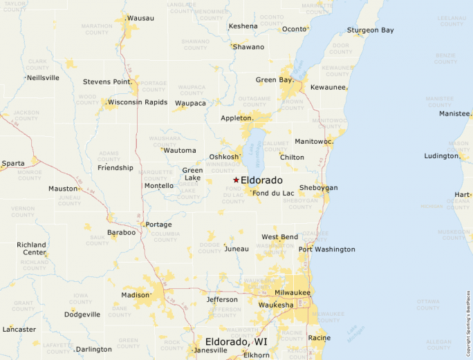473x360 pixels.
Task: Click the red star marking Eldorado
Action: coord(236,180)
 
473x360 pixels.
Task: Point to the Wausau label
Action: coord(141,17)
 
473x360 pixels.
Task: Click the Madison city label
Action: coord(135,295)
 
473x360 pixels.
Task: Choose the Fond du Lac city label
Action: coord(273,193)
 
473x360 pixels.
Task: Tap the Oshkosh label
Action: coord(224,157)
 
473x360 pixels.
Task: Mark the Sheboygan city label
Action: coord(318,188)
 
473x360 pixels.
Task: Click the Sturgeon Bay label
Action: coord(370,30)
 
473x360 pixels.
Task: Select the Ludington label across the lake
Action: coord(441,156)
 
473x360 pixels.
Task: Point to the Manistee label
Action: coord(454,113)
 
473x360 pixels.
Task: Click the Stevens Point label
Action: coord(106,82)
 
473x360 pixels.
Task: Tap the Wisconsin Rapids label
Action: coord(138,102)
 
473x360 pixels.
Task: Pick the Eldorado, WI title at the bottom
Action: coord(236,342)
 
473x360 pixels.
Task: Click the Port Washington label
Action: coord(328,249)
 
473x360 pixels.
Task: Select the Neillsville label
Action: coord(43,77)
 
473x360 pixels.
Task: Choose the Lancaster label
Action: coord(19,330)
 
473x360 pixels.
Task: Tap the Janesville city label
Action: coord(211,350)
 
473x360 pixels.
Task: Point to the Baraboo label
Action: coord(121,232)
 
